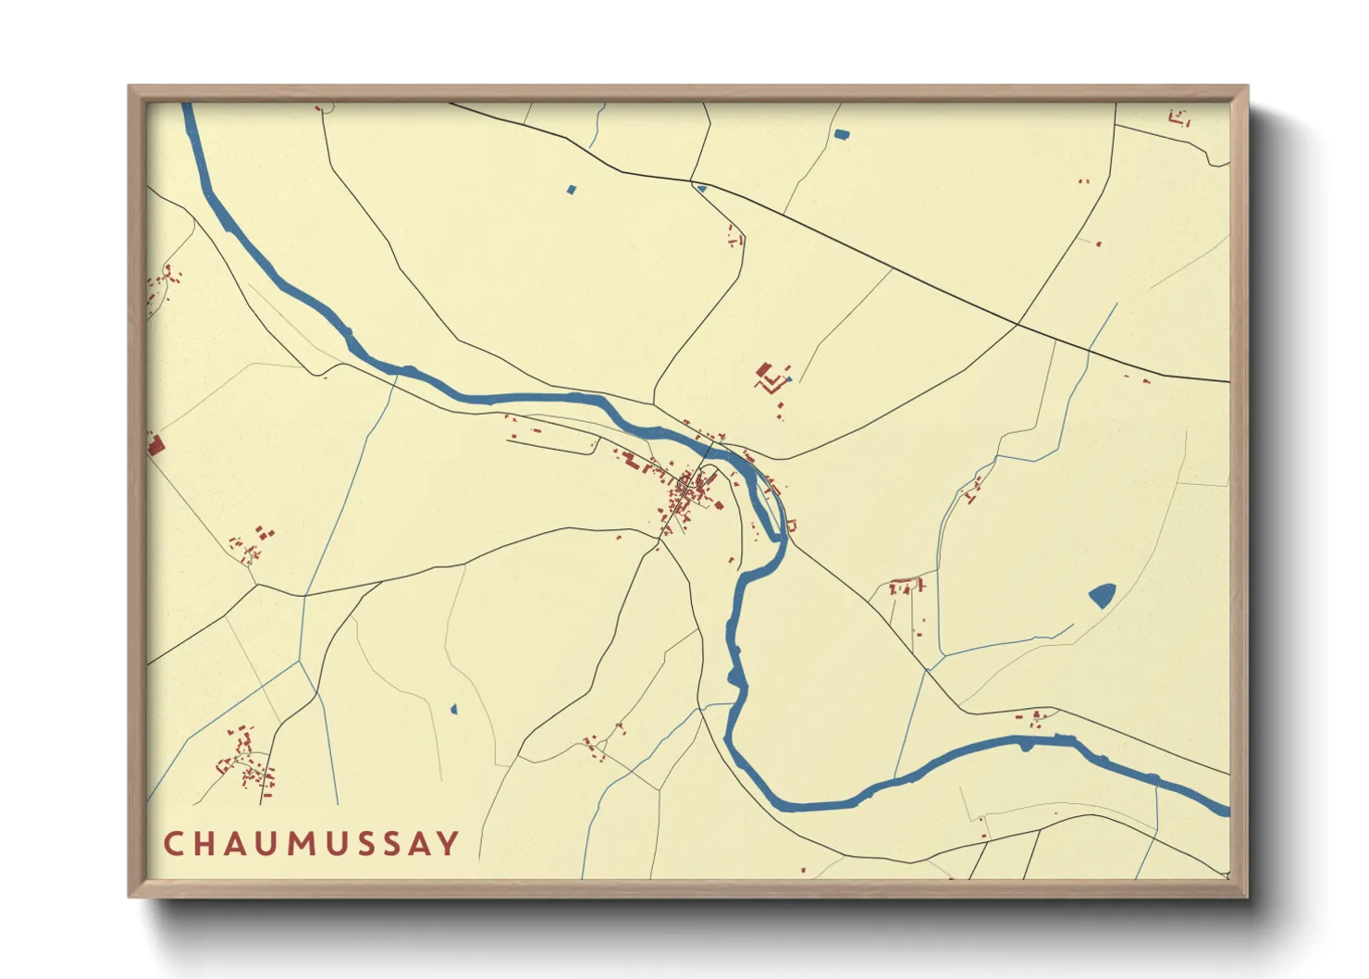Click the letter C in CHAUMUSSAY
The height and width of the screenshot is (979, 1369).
[x=173, y=844]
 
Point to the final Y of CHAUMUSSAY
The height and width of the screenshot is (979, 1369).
[x=448, y=844]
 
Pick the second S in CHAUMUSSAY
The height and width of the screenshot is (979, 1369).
[x=384, y=844]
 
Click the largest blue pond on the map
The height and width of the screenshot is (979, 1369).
[x=1102, y=594]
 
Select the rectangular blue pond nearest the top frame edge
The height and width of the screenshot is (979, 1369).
[x=841, y=134]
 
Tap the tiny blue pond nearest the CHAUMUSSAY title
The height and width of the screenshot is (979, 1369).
[x=453, y=710]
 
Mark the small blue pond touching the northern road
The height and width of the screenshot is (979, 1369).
[x=702, y=189]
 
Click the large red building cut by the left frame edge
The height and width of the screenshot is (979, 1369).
[x=154, y=445]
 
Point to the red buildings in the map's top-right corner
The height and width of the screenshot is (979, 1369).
[x=1178, y=118]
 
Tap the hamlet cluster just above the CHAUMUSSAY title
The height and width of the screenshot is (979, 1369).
[x=246, y=762]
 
